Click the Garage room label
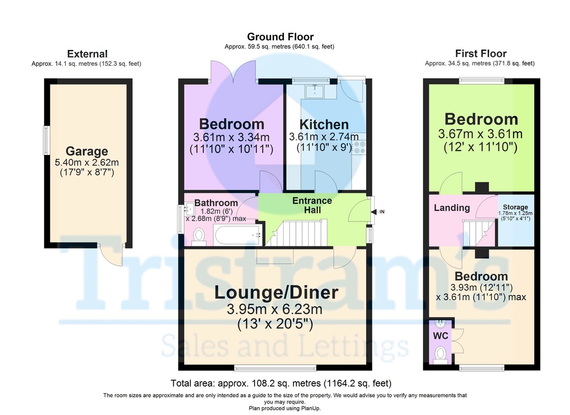click(x=86, y=152)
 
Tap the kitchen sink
click(x=315, y=91)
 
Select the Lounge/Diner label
click(x=276, y=293)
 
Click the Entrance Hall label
click(x=312, y=205)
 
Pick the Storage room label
click(x=515, y=207)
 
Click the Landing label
click(x=452, y=208)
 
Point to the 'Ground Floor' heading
click(x=280, y=37)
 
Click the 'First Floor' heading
click(x=480, y=54)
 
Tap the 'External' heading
click(x=87, y=54)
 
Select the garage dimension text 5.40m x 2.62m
click(x=86, y=163)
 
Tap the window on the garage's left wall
click(x=47, y=140)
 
